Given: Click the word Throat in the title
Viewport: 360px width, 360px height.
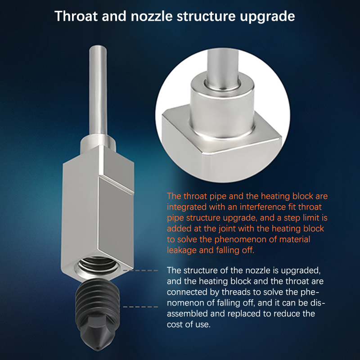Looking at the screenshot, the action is (x=76, y=16).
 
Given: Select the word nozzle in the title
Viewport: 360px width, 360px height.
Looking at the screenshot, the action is (x=152, y=16).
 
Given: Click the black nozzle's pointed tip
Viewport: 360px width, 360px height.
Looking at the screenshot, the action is (x=98, y=349).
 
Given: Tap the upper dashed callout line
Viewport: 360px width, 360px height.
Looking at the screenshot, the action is (x=140, y=270).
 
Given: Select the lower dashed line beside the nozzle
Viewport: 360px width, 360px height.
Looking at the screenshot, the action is (x=140, y=307).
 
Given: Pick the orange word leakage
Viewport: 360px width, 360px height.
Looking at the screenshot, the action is (x=181, y=251).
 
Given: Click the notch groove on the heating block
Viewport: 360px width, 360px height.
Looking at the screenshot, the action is (x=117, y=184).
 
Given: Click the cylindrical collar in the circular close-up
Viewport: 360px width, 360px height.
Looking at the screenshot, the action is (x=222, y=108).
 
